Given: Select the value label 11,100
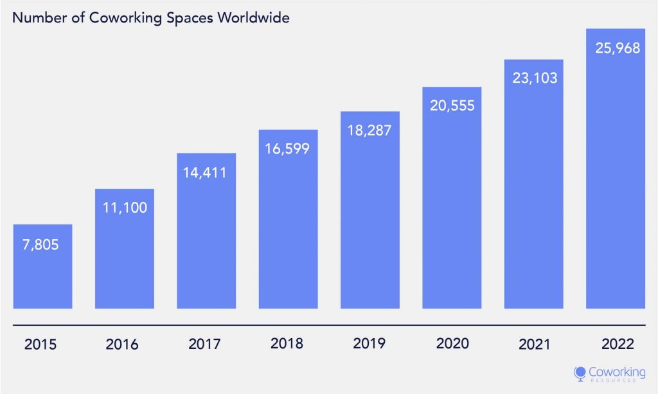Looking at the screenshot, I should pyautogui.click(x=125, y=208).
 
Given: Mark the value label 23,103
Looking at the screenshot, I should pyautogui.click(x=535, y=78).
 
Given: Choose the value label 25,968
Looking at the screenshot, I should pyautogui.click(x=616, y=48).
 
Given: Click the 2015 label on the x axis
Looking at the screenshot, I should pyautogui.click(x=40, y=344).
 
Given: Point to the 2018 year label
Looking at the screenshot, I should pyautogui.click(x=287, y=344).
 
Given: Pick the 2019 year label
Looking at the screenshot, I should pyautogui.click(x=369, y=344).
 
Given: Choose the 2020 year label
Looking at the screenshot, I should pyautogui.click(x=452, y=344).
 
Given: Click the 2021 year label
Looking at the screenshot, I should pyautogui.click(x=534, y=344).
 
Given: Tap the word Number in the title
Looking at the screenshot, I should pyautogui.click(x=37, y=17).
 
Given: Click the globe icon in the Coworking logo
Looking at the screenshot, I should pyautogui.click(x=580, y=373).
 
